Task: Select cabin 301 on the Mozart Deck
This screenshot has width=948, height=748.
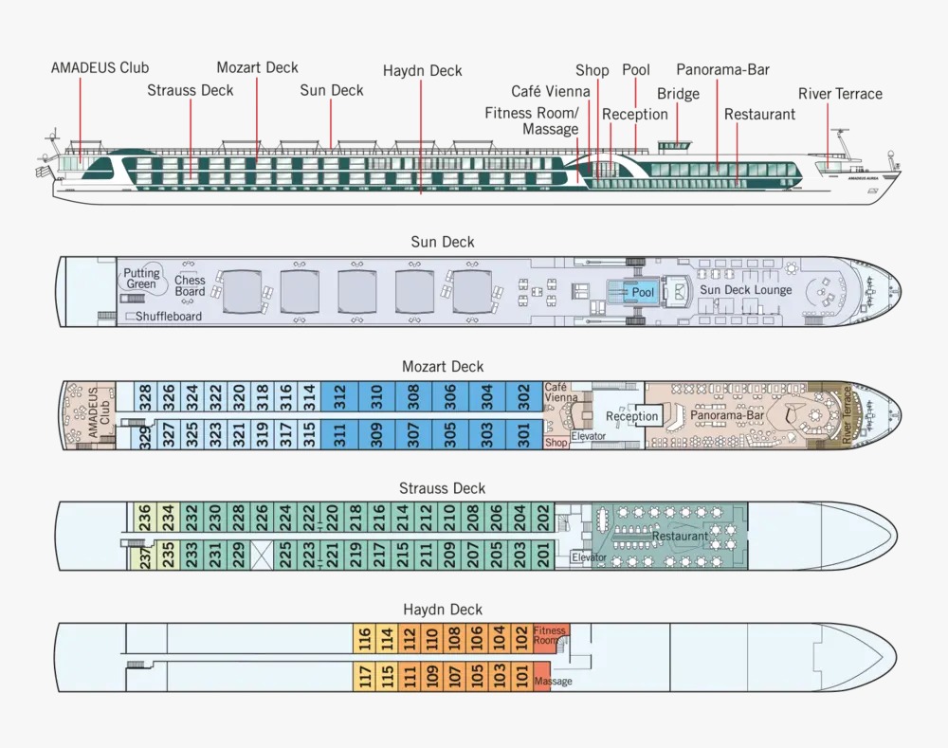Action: [x=523, y=434]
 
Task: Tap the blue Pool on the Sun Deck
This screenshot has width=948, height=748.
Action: [x=643, y=292]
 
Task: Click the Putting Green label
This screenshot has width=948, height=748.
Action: [x=141, y=279]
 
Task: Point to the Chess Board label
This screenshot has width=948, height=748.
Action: [x=190, y=285]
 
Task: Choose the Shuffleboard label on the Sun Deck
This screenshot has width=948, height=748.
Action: [x=168, y=317]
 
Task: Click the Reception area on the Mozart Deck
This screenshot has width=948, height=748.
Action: [x=631, y=416]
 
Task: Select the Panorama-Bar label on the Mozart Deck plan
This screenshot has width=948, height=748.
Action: [x=727, y=416]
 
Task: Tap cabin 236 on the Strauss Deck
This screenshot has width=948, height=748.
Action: [x=144, y=517]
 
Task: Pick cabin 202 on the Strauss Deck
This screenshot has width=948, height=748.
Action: [x=544, y=517]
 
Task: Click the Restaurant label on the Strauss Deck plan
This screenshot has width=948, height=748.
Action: [x=680, y=537]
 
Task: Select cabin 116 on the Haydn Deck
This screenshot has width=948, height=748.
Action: [x=365, y=638]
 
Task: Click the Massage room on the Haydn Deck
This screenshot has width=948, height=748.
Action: [x=553, y=681]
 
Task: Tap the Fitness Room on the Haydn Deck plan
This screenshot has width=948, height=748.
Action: [x=550, y=635]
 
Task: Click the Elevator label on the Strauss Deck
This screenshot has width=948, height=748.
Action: [x=589, y=557]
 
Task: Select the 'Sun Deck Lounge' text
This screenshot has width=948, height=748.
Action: [x=745, y=290]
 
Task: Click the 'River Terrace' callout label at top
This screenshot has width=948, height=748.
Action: [x=840, y=94]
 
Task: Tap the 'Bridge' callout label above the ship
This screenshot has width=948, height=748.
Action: [x=678, y=94]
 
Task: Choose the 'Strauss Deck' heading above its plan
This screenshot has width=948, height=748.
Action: [x=442, y=488]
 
